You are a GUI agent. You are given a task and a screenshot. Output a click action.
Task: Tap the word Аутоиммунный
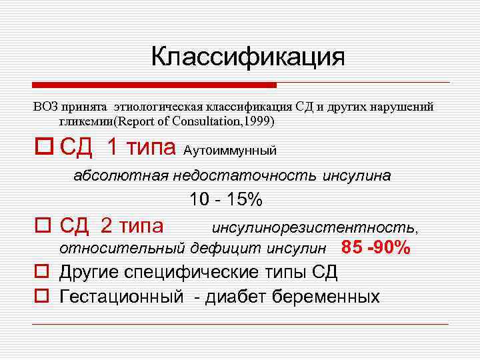[229, 150]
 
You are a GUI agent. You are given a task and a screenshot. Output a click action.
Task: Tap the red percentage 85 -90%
[375, 248]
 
